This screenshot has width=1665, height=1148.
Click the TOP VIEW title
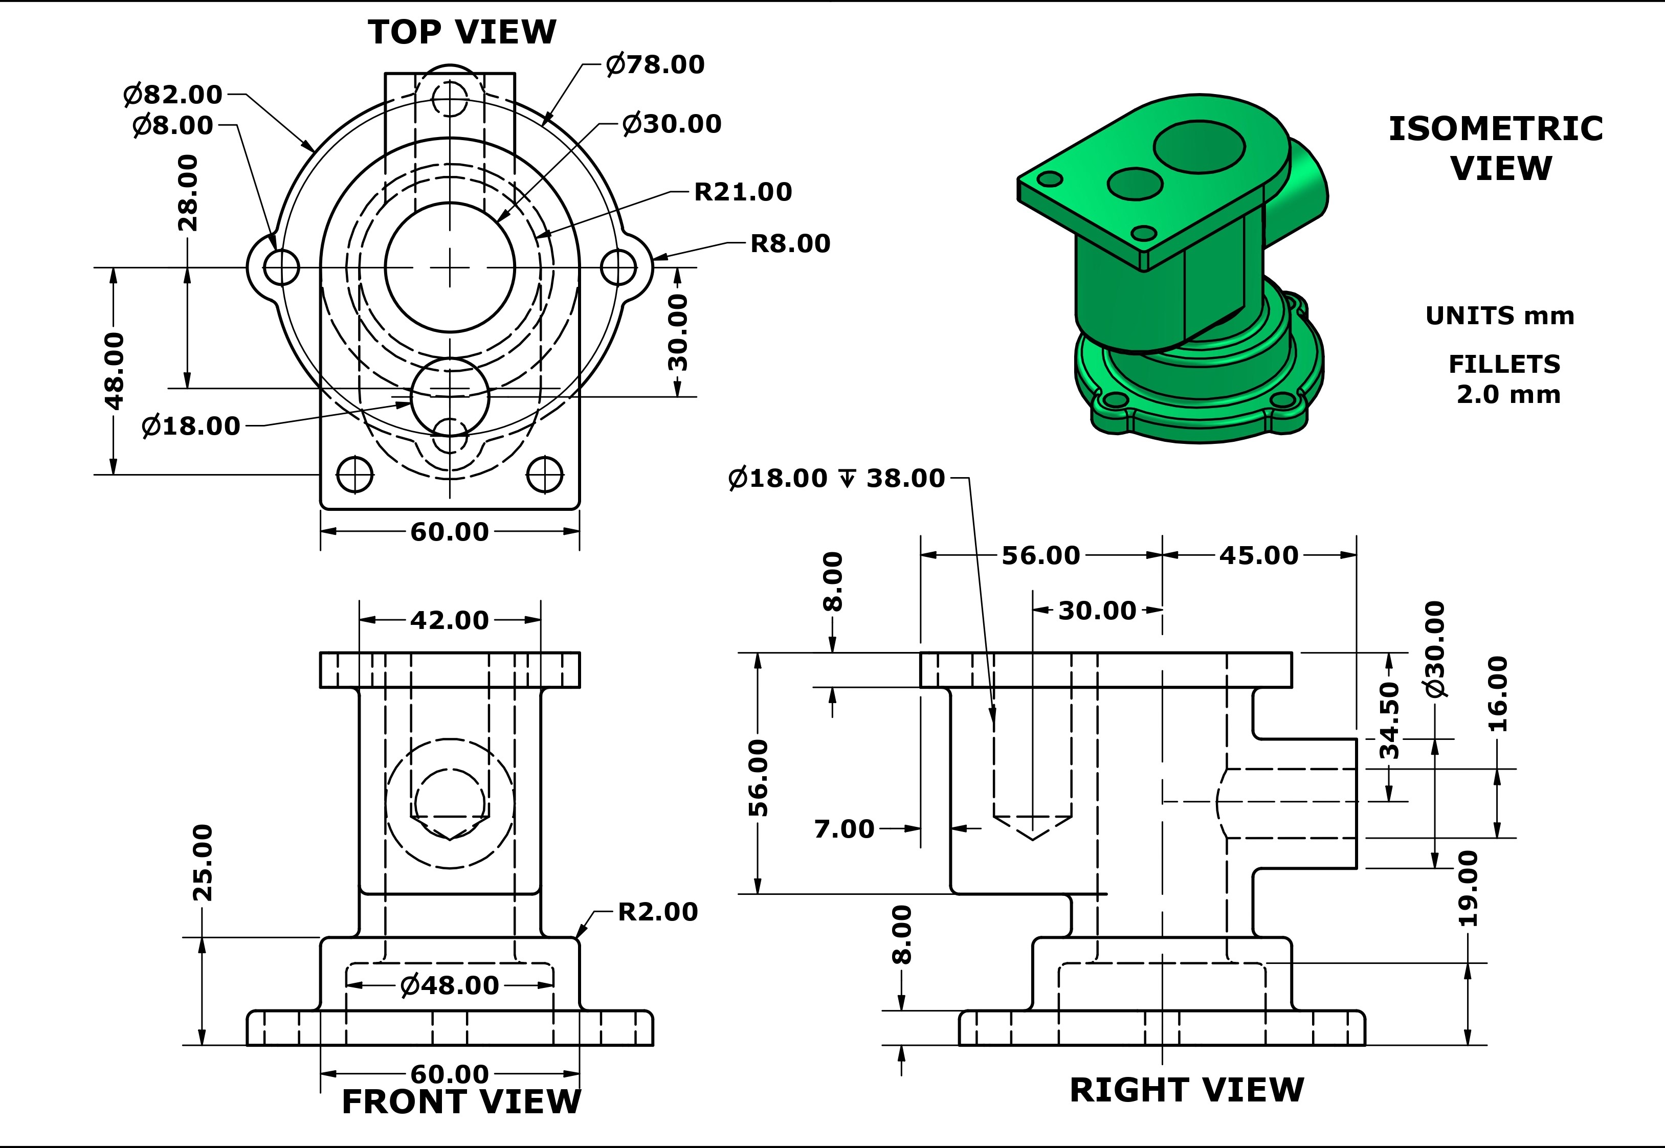(x=462, y=32)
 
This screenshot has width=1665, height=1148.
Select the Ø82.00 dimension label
(x=173, y=94)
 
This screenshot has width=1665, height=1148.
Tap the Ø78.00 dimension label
(x=655, y=65)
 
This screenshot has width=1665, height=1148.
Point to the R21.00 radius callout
(x=743, y=192)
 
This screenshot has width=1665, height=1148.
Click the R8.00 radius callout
(x=790, y=244)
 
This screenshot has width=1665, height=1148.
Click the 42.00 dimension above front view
(x=449, y=620)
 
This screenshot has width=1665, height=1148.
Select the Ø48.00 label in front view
(x=449, y=985)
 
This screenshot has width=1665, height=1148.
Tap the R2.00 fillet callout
(x=658, y=912)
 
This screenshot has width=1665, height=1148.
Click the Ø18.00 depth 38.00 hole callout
(x=836, y=478)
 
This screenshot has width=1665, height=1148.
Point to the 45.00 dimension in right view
(x=1258, y=555)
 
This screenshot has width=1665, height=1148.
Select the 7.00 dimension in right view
(x=844, y=828)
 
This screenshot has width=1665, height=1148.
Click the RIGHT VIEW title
(x=1187, y=1090)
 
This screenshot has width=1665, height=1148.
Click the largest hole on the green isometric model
(x=1198, y=147)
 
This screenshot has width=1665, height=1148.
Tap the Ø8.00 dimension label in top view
(x=173, y=126)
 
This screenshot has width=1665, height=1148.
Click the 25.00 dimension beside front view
(x=203, y=863)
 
